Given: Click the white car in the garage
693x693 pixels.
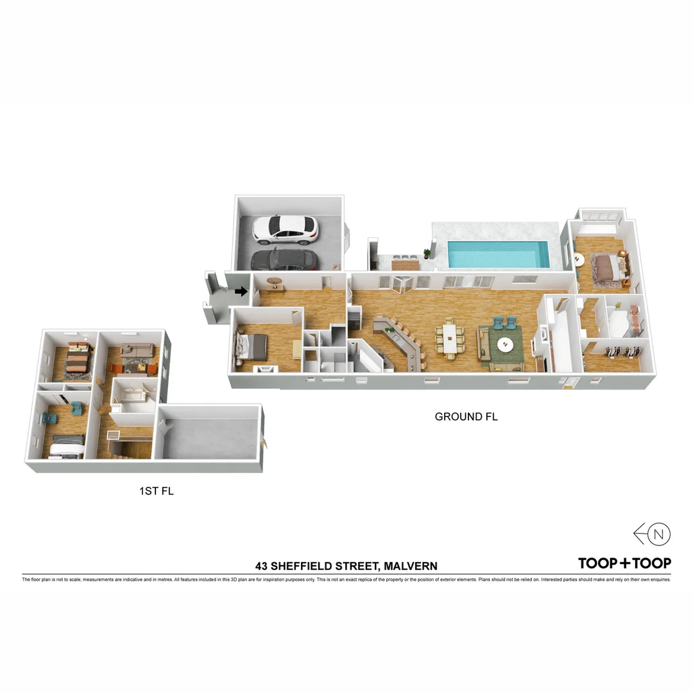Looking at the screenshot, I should click(286, 229).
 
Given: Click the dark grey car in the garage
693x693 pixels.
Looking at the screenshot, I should click(284, 259).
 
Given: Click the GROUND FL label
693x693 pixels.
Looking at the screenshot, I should click(466, 416).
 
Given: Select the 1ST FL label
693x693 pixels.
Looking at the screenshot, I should click(157, 492).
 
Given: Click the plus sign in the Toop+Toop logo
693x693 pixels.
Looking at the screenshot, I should click(625, 563).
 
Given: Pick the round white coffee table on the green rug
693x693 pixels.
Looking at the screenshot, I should click(506, 345).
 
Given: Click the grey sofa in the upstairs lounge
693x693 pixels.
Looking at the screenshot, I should click(136, 350).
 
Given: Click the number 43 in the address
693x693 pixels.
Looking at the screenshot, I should click(261, 566).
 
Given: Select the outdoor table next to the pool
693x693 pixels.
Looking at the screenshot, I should click(405, 262).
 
